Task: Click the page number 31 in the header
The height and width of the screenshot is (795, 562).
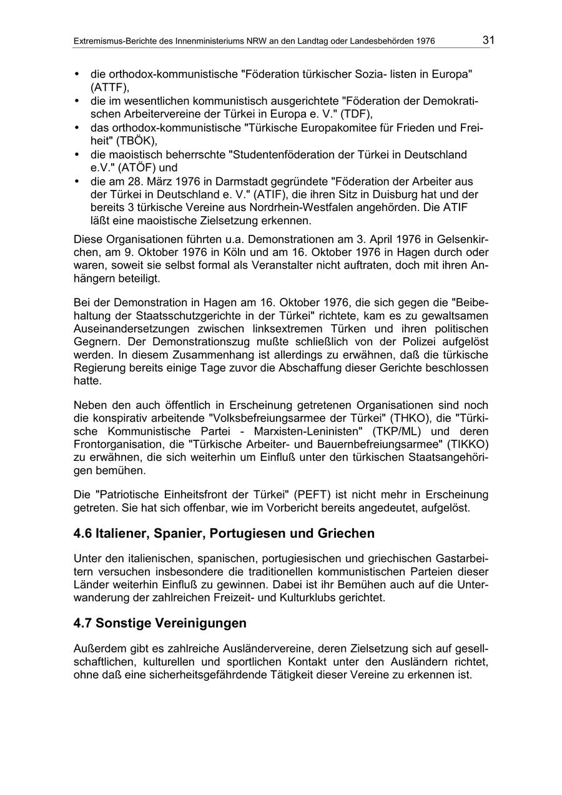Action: coord(488,41)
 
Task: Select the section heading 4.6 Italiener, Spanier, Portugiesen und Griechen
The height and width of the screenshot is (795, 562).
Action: coord(224,533)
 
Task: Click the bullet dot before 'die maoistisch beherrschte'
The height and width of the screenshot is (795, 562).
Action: coord(77,154)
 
